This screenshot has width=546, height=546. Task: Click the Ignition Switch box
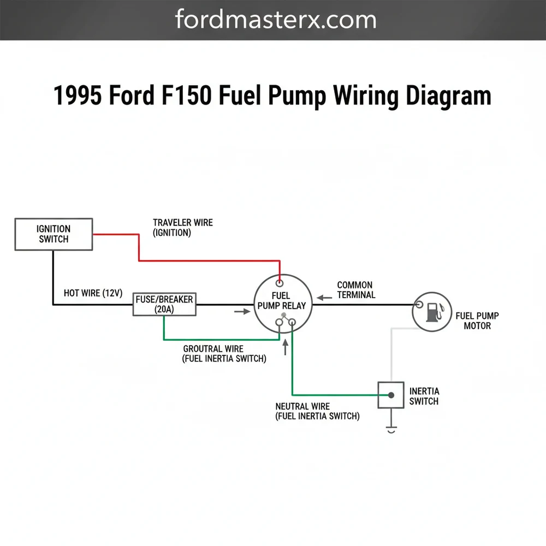pyautogui.click(x=53, y=234)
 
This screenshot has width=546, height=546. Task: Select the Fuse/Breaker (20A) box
pyautogui.click(x=165, y=304)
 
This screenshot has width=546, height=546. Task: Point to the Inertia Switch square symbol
pyautogui.click(x=391, y=395)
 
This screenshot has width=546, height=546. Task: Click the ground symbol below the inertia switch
pyautogui.click(x=391, y=429)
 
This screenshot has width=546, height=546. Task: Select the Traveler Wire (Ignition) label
pyautogui.click(x=182, y=228)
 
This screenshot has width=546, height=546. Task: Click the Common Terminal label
pyautogui.click(x=355, y=290)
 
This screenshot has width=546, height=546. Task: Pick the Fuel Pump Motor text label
pyautogui.click(x=477, y=321)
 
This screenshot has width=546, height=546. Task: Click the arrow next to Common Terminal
pyautogui.click(x=324, y=298)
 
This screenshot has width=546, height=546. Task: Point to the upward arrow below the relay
pyautogui.click(x=285, y=347)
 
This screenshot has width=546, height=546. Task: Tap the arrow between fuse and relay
pyautogui.click(x=239, y=311)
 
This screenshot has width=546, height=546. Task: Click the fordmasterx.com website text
pyautogui.click(x=276, y=20)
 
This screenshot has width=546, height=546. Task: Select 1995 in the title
pyautogui.click(x=78, y=96)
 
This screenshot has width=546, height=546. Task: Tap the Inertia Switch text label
pyautogui.click(x=424, y=396)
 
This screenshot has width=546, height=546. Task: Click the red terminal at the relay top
pyautogui.click(x=280, y=283)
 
